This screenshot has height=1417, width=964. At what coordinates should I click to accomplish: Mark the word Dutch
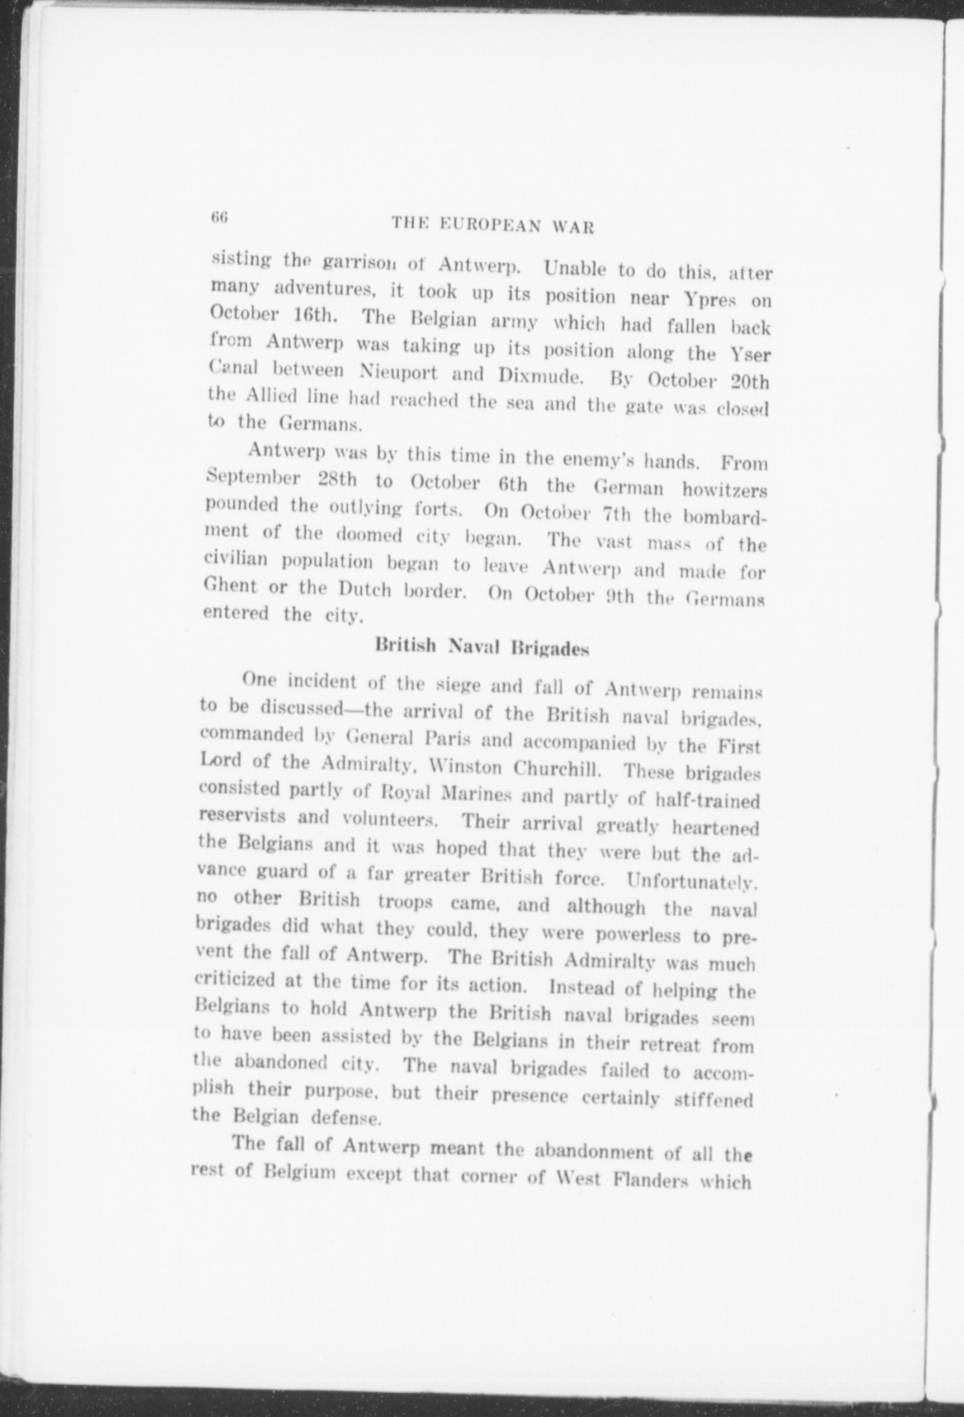point(364,591)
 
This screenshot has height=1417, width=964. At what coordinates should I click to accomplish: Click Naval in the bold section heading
point(473,646)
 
